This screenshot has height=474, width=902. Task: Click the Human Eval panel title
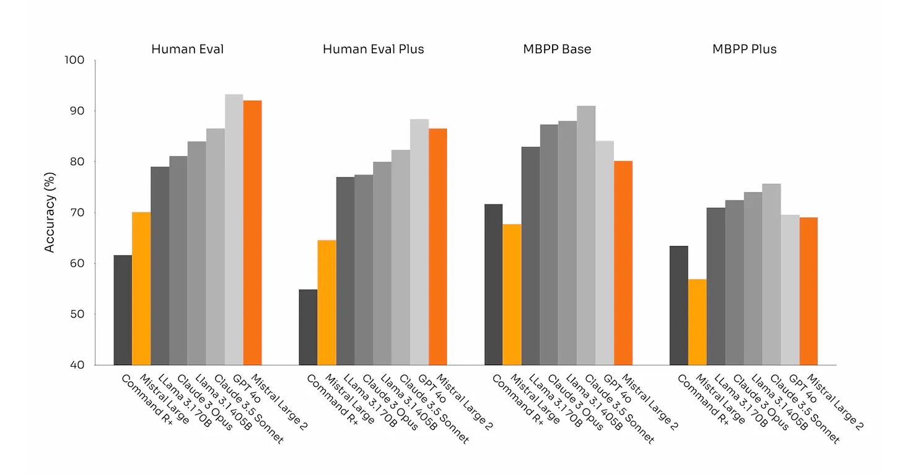(x=187, y=49)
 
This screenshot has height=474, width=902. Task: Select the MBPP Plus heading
(x=744, y=49)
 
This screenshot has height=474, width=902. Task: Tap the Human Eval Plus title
(x=373, y=49)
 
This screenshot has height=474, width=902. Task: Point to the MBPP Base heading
(x=557, y=49)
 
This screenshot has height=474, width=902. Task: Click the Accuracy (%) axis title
(x=50, y=213)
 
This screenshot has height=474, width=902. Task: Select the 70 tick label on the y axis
(x=77, y=213)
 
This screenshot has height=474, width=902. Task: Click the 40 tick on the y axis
(x=77, y=364)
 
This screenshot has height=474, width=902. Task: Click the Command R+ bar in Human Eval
(x=123, y=309)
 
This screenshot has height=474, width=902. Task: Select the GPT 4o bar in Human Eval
(x=234, y=229)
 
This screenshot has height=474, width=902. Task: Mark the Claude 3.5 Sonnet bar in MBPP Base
(x=586, y=235)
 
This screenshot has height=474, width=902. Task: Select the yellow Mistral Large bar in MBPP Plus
(x=697, y=322)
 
